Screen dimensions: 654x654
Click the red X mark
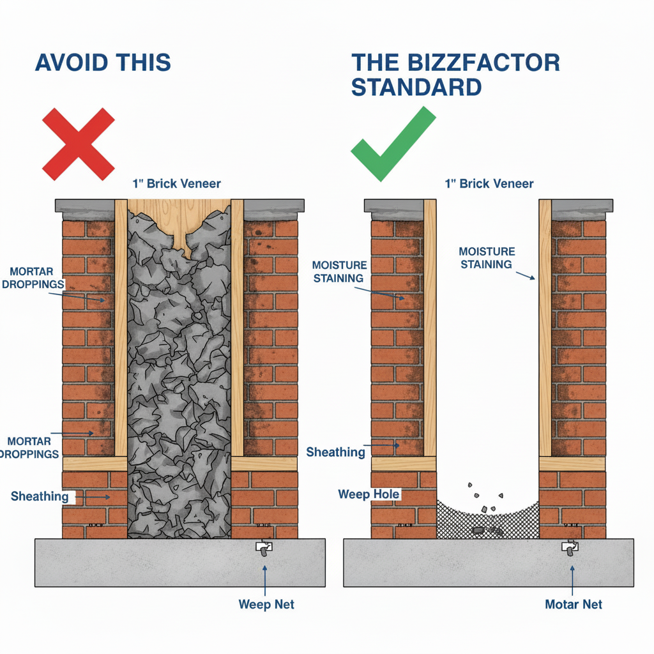[x=78, y=144]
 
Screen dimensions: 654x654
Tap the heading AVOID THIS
[x=103, y=63]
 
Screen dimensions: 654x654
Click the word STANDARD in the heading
[x=416, y=87]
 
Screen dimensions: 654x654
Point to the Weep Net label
[x=266, y=604]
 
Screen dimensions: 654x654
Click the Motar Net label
[x=573, y=604]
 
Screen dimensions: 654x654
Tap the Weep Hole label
[x=369, y=494]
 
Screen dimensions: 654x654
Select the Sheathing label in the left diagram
[x=40, y=496]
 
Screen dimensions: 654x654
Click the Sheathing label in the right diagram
[x=335, y=452]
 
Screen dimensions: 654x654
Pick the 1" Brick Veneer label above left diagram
[x=177, y=184]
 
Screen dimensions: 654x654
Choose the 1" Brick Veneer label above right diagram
[x=489, y=184]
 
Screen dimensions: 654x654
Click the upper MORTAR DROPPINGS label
[x=33, y=277]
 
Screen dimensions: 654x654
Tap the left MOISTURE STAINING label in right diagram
[x=339, y=271]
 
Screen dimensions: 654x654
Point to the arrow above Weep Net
[x=265, y=578]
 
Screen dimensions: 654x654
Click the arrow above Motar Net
[x=572, y=578]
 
